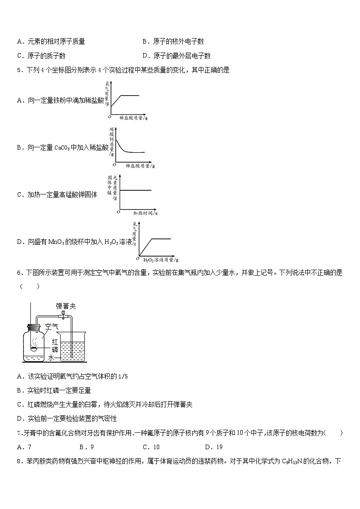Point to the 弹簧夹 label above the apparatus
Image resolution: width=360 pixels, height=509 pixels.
tap(66, 306)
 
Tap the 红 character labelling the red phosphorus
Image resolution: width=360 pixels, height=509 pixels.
tap(55, 340)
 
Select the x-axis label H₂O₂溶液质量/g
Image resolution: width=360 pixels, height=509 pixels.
tap(161, 260)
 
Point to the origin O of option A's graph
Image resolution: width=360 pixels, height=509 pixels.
tap(109, 117)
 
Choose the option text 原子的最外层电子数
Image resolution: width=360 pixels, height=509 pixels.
tap(182, 56)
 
